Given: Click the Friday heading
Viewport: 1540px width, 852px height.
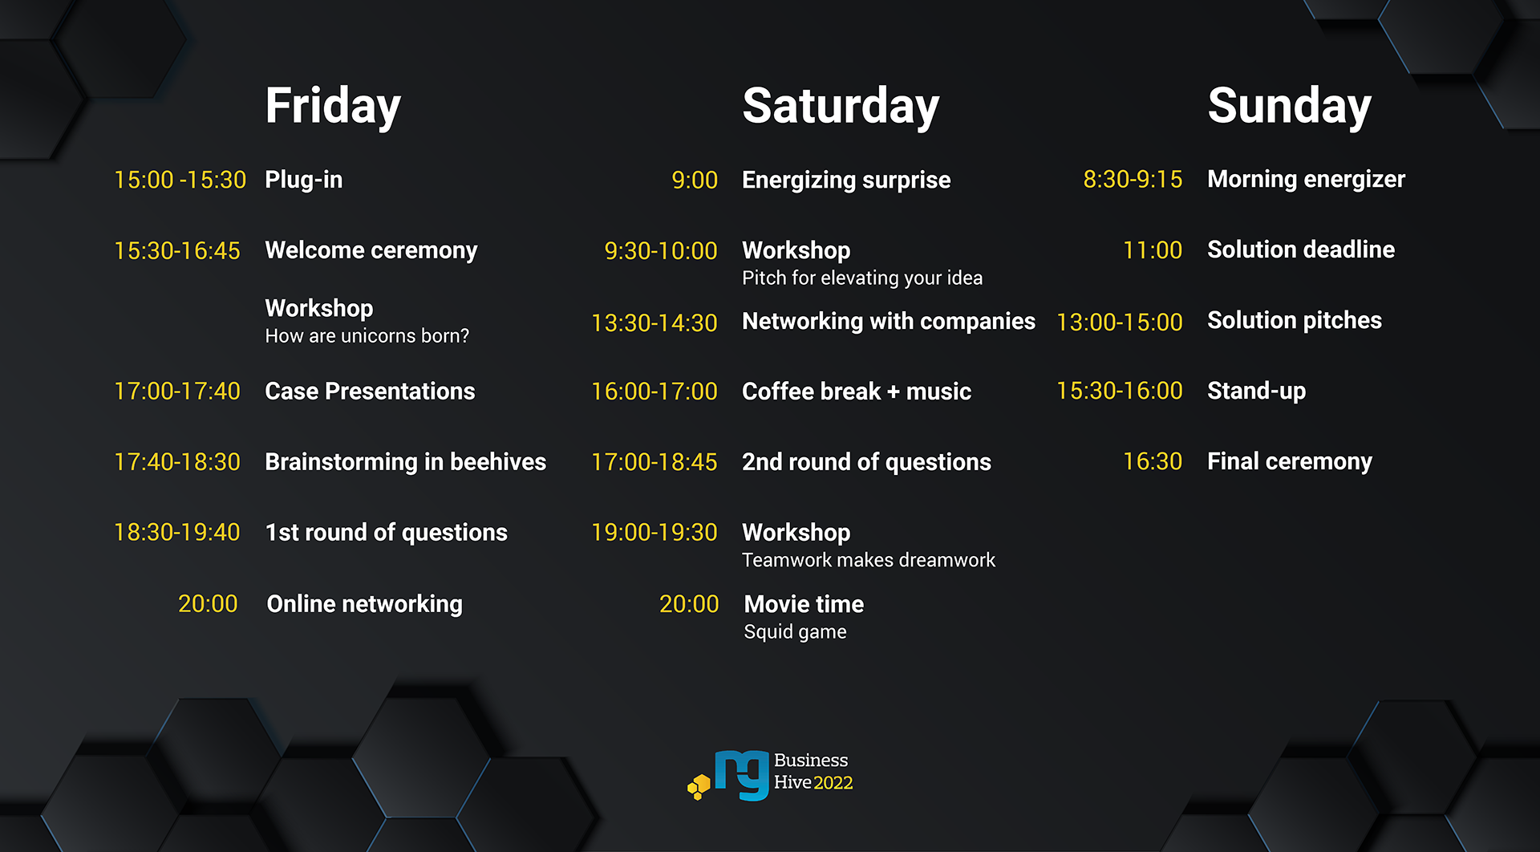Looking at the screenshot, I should tap(333, 106).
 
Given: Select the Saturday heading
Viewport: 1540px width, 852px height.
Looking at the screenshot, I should tap(840, 106).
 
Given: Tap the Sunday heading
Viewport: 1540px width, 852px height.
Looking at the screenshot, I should tap(1289, 106).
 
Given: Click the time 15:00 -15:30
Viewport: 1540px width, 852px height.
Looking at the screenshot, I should tap(180, 180).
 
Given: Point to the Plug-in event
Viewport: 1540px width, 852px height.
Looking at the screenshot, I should tap(303, 180).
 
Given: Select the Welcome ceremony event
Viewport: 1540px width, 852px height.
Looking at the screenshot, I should tap(371, 250).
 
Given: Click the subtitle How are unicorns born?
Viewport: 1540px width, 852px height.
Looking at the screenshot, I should tap(367, 336).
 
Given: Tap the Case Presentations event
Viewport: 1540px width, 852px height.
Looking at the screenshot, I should tap(370, 392).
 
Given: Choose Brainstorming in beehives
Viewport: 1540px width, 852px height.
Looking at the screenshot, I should tap(405, 462).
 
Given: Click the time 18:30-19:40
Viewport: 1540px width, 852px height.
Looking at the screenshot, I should tap(176, 533).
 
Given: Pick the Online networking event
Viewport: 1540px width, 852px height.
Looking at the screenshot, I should tap(364, 604).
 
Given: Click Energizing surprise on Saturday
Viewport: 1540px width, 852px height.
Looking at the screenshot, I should tap(845, 180).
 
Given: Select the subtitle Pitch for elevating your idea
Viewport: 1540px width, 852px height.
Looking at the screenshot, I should tap(861, 278).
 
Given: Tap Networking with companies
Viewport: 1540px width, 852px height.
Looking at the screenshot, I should tap(888, 321).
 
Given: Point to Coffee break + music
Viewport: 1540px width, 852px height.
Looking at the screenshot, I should tap(856, 392).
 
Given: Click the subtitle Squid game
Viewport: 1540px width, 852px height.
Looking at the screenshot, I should tap(794, 632).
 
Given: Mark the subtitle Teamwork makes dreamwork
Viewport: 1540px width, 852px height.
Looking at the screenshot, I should tap(868, 560).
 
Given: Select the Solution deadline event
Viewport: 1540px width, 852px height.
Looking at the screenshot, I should tap(1300, 250).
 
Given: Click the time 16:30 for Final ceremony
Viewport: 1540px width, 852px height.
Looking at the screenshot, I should tap(1152, 461).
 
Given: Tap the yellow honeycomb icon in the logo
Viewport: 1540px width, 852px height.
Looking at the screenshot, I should tap(699, 786).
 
